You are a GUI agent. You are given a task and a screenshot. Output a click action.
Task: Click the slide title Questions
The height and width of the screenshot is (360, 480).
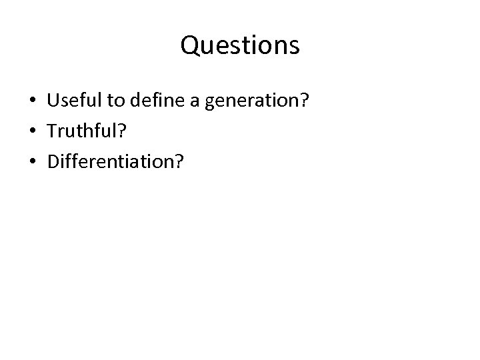(240, 46)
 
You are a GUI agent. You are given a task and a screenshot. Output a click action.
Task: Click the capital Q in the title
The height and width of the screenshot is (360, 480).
(190, 46)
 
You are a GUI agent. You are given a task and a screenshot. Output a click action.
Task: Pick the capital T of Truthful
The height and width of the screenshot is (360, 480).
(52, 132)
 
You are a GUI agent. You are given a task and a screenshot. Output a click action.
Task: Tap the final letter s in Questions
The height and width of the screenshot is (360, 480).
(294, 47)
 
